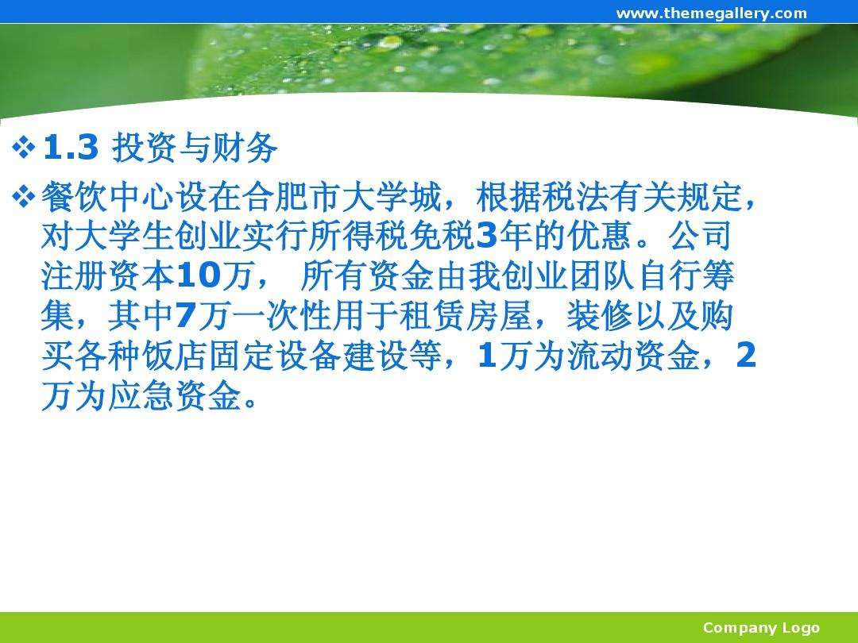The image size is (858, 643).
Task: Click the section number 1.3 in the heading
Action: click(71, 147)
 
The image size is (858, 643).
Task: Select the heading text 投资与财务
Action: click(195, 148)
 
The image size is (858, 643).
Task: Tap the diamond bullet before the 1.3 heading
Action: click(24, 148)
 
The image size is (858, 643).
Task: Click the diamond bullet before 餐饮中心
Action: click(24, 197)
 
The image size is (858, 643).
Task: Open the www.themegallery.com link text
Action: click(711, 13)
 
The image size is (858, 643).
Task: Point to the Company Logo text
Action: click(761, 628)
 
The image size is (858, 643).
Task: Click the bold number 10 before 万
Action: click(199, 276)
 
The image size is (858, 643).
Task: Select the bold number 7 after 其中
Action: click(185, 316)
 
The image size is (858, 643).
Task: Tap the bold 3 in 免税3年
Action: click(486, 237)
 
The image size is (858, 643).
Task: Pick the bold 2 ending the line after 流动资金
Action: click(746, 356)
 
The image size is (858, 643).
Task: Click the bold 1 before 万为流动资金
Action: click(486, 356)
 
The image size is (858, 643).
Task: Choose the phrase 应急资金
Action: click(175, 396)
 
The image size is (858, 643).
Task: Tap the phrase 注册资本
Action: click(108, 276)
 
